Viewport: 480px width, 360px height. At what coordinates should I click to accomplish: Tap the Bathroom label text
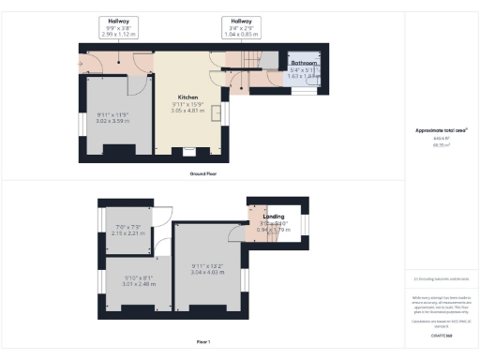pos(304,62)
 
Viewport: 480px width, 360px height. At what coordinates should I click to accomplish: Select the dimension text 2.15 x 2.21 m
pos(125,232)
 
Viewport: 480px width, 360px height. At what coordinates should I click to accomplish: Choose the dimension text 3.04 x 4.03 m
pos(209,271)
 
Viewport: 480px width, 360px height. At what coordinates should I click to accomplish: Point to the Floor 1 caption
pos(202,343)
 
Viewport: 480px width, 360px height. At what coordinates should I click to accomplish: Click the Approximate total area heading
pos(441,130)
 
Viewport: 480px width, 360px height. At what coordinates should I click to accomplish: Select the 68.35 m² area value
pos(441,145)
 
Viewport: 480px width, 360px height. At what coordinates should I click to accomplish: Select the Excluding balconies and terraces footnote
pos(441,279)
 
